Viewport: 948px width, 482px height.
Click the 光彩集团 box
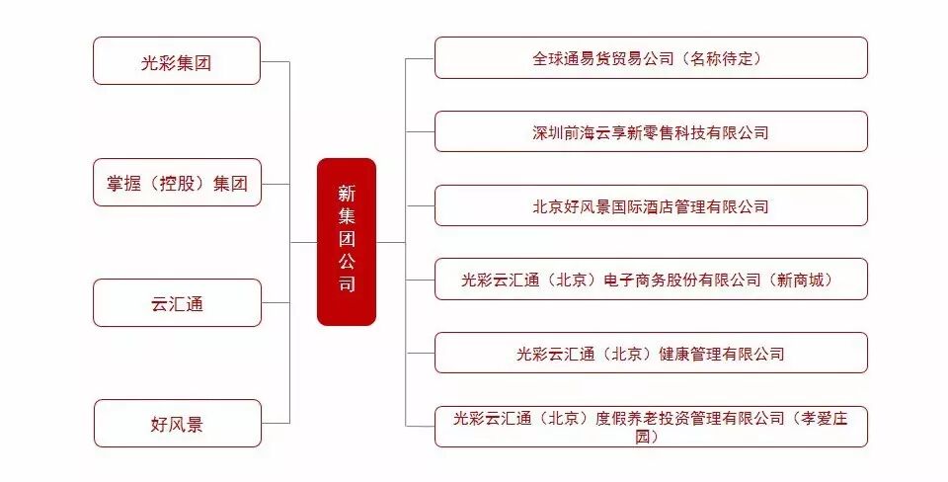pyautogui.click(x=177, y=61)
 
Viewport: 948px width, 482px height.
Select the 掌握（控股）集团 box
pyautogui.click(x=177, y=183)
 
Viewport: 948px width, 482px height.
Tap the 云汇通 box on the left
pyautogui.click(x=177, y=303)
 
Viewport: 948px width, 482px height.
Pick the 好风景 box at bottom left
pyautogui.click(x=177, y=424)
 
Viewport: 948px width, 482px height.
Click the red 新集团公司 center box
pyautogui.click(x=346, y=241)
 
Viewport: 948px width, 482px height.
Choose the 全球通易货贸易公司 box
pyautogui.click(x=651, y=58)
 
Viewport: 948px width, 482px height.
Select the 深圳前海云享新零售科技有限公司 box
pyautogui.click(x=651, y=131)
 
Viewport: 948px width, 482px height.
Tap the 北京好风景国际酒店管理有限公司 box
pyautogui.click(x=651, y=205)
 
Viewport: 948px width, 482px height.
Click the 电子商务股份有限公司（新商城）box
pyautogui.click(x=651, y=280)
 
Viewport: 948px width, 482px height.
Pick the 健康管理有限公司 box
pyautogui.click(x=651, y=353)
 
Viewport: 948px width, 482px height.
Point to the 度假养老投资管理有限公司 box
pyautogui.click(x=651, y=426)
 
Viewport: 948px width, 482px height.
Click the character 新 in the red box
pyautogui.click(x=346, y=192)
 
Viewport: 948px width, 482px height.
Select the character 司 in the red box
pyautogui.click(x=346, y=285)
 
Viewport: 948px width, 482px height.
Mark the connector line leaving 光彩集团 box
pyautogui.click(x=276, y=61)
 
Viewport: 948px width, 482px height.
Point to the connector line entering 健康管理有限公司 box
pyautogui.click(x=420, y=353)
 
